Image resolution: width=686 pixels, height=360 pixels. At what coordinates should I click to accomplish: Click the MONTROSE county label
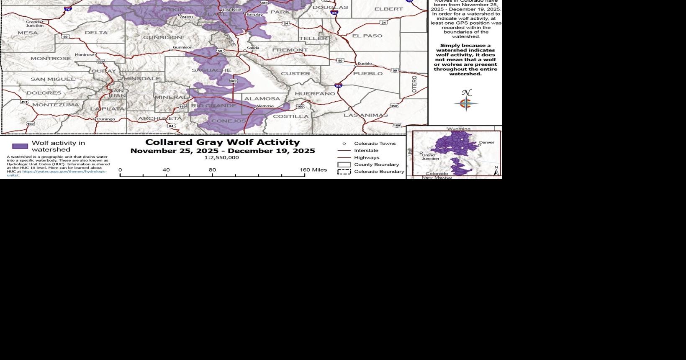pyautogui.click(x=51, y=59)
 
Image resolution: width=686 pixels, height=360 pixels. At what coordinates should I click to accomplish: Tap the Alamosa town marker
pyautogui.click(x=255, y=109)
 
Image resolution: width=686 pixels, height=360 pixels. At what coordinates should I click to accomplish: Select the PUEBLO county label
pyautogui.click(x=367, y=74)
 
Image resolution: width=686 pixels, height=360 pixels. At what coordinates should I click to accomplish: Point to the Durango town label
pyautogui.click(x=106, y=119)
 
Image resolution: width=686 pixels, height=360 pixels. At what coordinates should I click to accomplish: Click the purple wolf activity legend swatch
pyautogui.click(x=20, y=146)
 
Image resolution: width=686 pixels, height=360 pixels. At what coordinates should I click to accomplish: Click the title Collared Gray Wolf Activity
pyautogui.click(x=222, y=142)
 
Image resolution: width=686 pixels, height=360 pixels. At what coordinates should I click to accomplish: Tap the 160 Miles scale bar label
pyautogui.click(x=313, y=170)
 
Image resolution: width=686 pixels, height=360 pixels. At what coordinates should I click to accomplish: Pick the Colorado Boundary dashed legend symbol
pyautogui.click(x=344, y=172)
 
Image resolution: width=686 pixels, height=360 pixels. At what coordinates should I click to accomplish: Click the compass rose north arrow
pyautogui.click(x=466, y=102)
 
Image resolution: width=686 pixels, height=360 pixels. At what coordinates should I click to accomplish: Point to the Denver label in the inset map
pyautogui.click(x=486, y=142)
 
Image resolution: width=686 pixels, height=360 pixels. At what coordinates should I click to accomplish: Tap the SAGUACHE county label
pyautogui.click(x=211, y=70)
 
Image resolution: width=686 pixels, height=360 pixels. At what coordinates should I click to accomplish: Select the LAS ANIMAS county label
pyautogui.click(x=365, y=115)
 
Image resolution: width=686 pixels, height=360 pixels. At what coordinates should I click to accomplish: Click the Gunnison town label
pyautogui.click(x=182, y=48)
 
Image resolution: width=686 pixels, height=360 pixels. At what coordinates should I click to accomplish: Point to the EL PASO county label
pyautogui.click(x=367, y=36)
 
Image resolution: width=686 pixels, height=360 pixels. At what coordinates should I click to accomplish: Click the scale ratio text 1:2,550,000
pyautogui.click(x=222, y=158)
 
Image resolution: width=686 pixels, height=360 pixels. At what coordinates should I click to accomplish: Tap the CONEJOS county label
pyautogui.click(x=229, y=121)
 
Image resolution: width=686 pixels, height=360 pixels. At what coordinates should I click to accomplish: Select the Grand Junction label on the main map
pyautogui.click(x=34, y=23)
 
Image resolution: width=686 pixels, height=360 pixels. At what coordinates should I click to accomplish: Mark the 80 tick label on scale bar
pyautogui.click(x=212, y=170)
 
